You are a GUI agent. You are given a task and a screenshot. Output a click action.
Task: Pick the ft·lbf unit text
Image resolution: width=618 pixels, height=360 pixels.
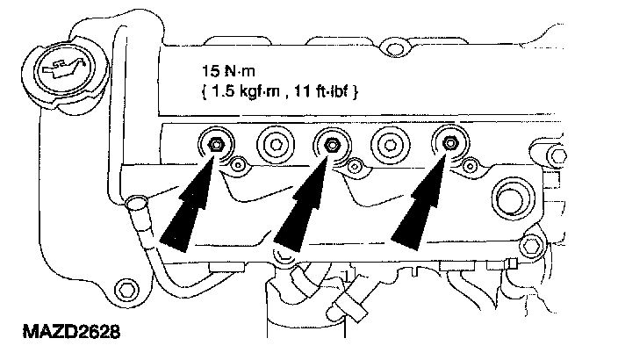point(331,90)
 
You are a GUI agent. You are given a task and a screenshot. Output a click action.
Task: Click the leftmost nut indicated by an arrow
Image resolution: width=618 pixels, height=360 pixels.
point(214,142)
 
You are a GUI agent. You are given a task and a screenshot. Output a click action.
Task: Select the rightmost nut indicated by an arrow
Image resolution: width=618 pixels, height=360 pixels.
point(448,142)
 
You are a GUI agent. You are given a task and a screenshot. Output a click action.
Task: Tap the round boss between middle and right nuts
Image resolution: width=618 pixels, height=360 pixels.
point(389,142)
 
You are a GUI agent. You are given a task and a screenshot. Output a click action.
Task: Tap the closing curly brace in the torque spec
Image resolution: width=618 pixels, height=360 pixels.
point(356,90)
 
